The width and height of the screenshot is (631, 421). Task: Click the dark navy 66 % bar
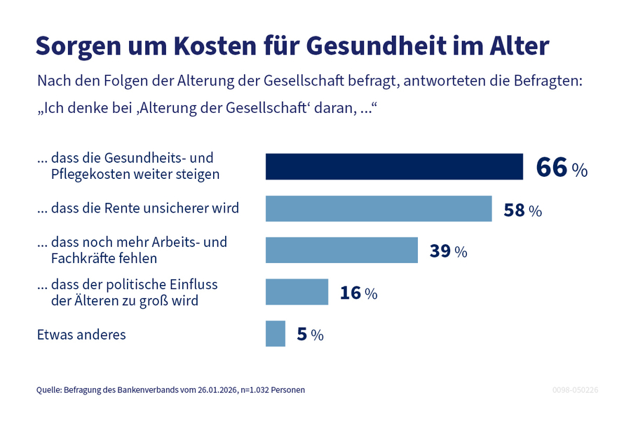pyautogui.click(x=394, y=167)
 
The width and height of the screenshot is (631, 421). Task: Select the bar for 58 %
pyautogui.click(x=379, y=208)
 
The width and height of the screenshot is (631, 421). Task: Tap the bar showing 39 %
pyautogui.click(x=341, y=250)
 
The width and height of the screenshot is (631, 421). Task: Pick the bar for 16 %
pyautogui.click(x=297, y=292)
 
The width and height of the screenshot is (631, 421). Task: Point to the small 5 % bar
pyautogui.click(x=276, y=334)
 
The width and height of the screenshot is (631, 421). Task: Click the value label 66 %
pyautogui.click(x=561, y=168)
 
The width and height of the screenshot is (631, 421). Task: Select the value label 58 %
pyautogui.click(x=522, y=210)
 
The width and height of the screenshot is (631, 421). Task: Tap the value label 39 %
pyautogui.click(x=448, y=251)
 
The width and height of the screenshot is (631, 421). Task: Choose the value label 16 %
pyautogui.click(x=358, y=293)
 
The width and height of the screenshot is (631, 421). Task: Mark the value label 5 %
pyautogui.click(x=310, y=335)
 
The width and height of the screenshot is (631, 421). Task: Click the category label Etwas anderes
pyautogui.click(x=81, y=335)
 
